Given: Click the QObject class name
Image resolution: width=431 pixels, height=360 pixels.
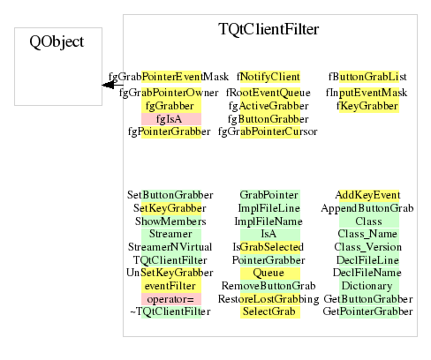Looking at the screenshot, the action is [x=57, y=41].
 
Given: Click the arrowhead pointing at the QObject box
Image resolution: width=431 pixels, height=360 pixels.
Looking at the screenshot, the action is [x=108, y=85].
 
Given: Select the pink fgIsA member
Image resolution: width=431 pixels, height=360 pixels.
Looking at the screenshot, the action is [x=169, y=119].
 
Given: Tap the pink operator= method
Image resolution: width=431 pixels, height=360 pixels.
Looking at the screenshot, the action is [x=170, y=299].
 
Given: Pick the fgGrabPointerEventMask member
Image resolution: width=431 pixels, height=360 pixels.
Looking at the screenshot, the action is [x=169, y=77].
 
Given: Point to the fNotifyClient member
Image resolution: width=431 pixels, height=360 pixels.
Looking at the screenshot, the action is [x=268, y=77].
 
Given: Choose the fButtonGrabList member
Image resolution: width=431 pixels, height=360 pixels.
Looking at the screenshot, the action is [x=367, y=77].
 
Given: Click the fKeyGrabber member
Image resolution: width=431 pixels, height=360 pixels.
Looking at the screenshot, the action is [x=367, y=106].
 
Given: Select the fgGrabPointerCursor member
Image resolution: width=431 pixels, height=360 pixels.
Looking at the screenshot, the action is [x=268, y=131].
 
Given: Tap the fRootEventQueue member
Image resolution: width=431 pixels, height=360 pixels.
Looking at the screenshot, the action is [x=268, y=93].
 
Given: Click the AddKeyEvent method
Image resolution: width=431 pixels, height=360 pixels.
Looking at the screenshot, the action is [x=367, y=195].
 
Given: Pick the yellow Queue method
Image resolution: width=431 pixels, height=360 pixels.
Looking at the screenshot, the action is [x=268, y=273].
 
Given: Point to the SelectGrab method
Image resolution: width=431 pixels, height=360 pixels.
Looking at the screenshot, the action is [x=268, y=311].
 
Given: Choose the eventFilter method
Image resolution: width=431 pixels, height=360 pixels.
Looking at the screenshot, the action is [x=170, y=286].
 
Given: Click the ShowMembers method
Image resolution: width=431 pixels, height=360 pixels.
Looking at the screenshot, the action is [x=170, y=221].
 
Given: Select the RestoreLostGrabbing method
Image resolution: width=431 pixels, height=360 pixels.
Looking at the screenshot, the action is [x=268, y=299].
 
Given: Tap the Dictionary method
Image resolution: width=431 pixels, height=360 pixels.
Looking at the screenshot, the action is [x=367, y=286].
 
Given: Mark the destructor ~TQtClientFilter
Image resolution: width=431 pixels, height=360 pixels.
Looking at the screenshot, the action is [x=170, y=311].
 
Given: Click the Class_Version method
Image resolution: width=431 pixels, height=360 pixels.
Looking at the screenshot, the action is [x=367, y=247].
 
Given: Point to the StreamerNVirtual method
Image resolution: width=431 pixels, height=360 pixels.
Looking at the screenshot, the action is [x=170, y=247].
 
